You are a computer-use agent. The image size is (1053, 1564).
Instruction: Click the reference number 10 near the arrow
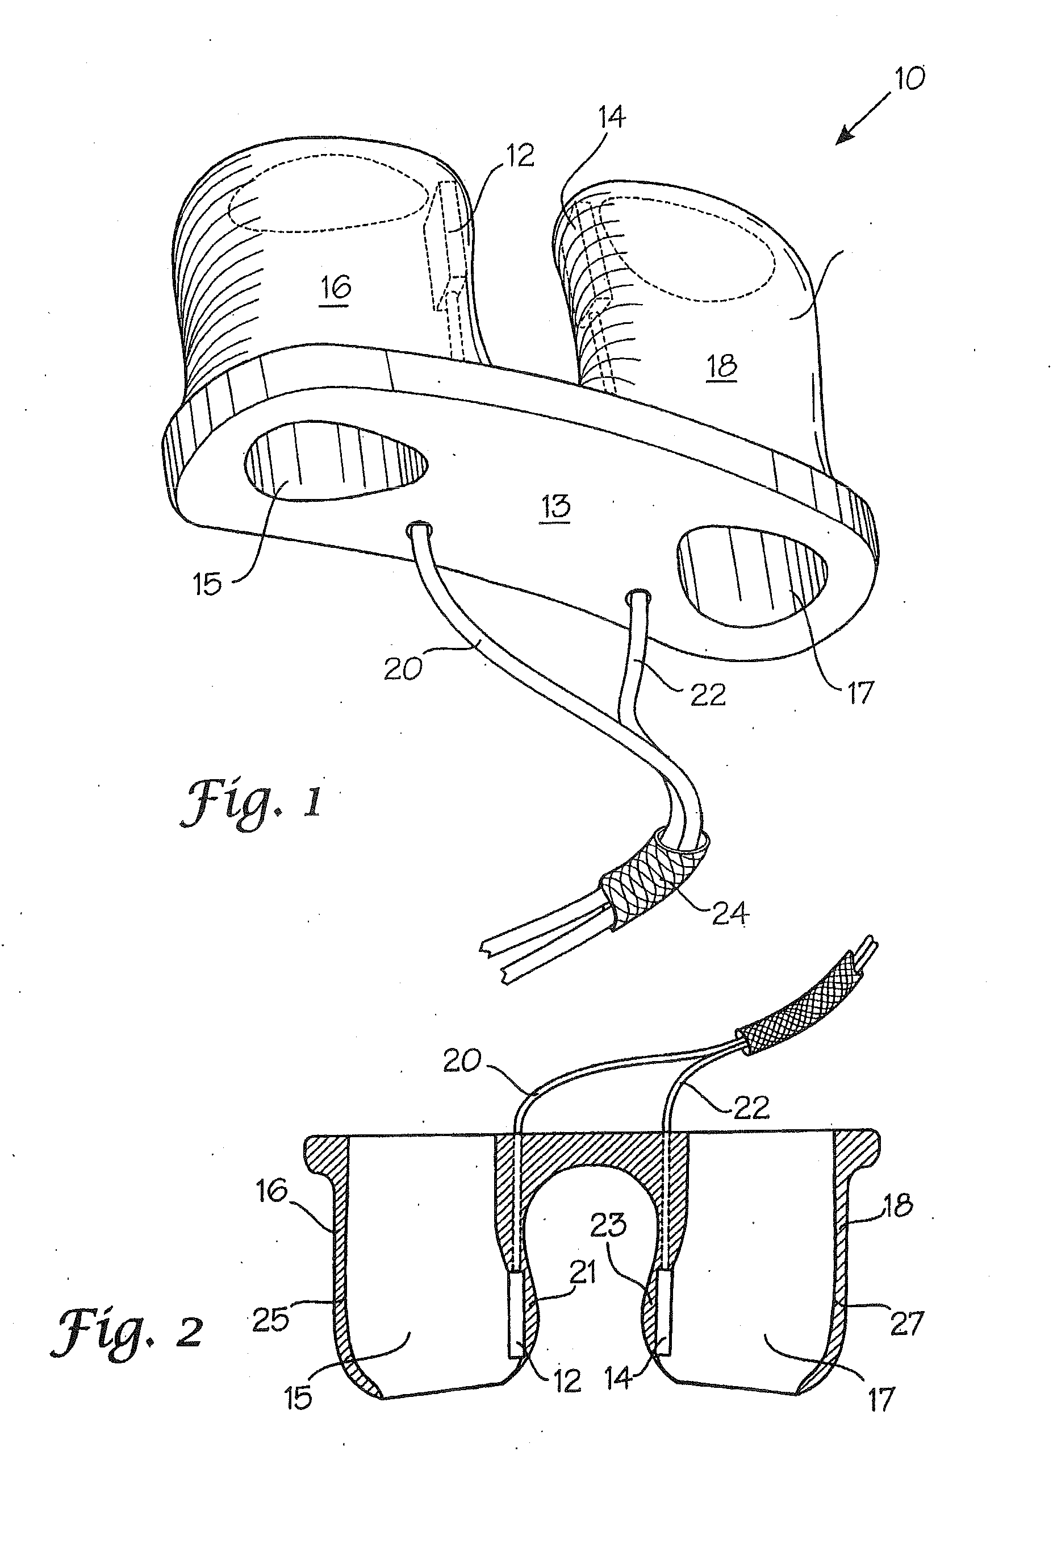[909, 79]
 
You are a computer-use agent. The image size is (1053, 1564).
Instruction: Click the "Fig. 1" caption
[251, 804]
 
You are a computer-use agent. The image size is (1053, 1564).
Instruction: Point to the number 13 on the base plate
[555, 506]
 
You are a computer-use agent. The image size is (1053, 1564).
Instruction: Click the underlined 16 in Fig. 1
[335, 288]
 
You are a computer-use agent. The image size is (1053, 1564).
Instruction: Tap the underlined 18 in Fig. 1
[721, 366]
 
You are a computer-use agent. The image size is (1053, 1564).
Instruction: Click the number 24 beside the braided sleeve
[730, 913]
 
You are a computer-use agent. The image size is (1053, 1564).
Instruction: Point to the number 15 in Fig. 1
[207, 584]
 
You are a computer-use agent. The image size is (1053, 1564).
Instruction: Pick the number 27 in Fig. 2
[906, 1323]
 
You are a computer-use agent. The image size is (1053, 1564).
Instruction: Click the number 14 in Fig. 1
[612, 118]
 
